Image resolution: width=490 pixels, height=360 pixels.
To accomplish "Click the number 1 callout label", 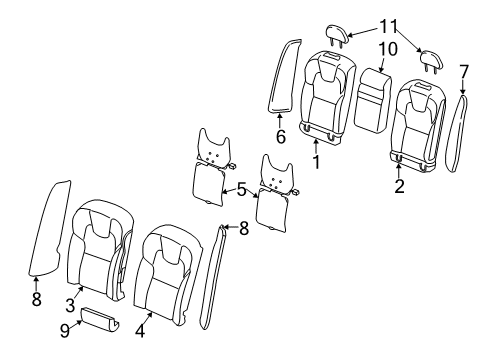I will [x=318, y=159].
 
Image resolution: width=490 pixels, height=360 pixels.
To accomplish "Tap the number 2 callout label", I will [x=398, y=186].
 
